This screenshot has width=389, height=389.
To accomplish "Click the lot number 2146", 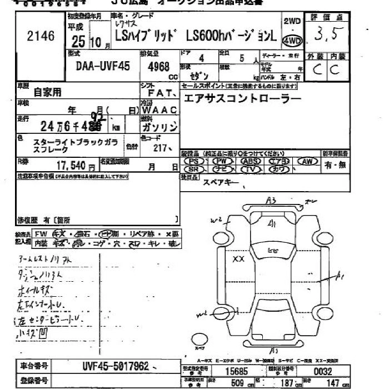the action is (x=41, y=37).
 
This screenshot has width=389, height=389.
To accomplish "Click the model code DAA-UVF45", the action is (x=102, y=66).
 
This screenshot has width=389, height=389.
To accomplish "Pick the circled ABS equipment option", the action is (x=251, y=161).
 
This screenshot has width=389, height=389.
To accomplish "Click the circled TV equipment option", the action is (x=251, y=169).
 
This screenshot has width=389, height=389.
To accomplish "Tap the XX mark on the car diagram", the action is (x=238, y=259).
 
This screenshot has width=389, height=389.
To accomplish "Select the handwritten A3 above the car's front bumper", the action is (x=271, y=200).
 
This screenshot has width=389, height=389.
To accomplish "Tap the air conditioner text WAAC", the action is (x=159, y=109).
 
